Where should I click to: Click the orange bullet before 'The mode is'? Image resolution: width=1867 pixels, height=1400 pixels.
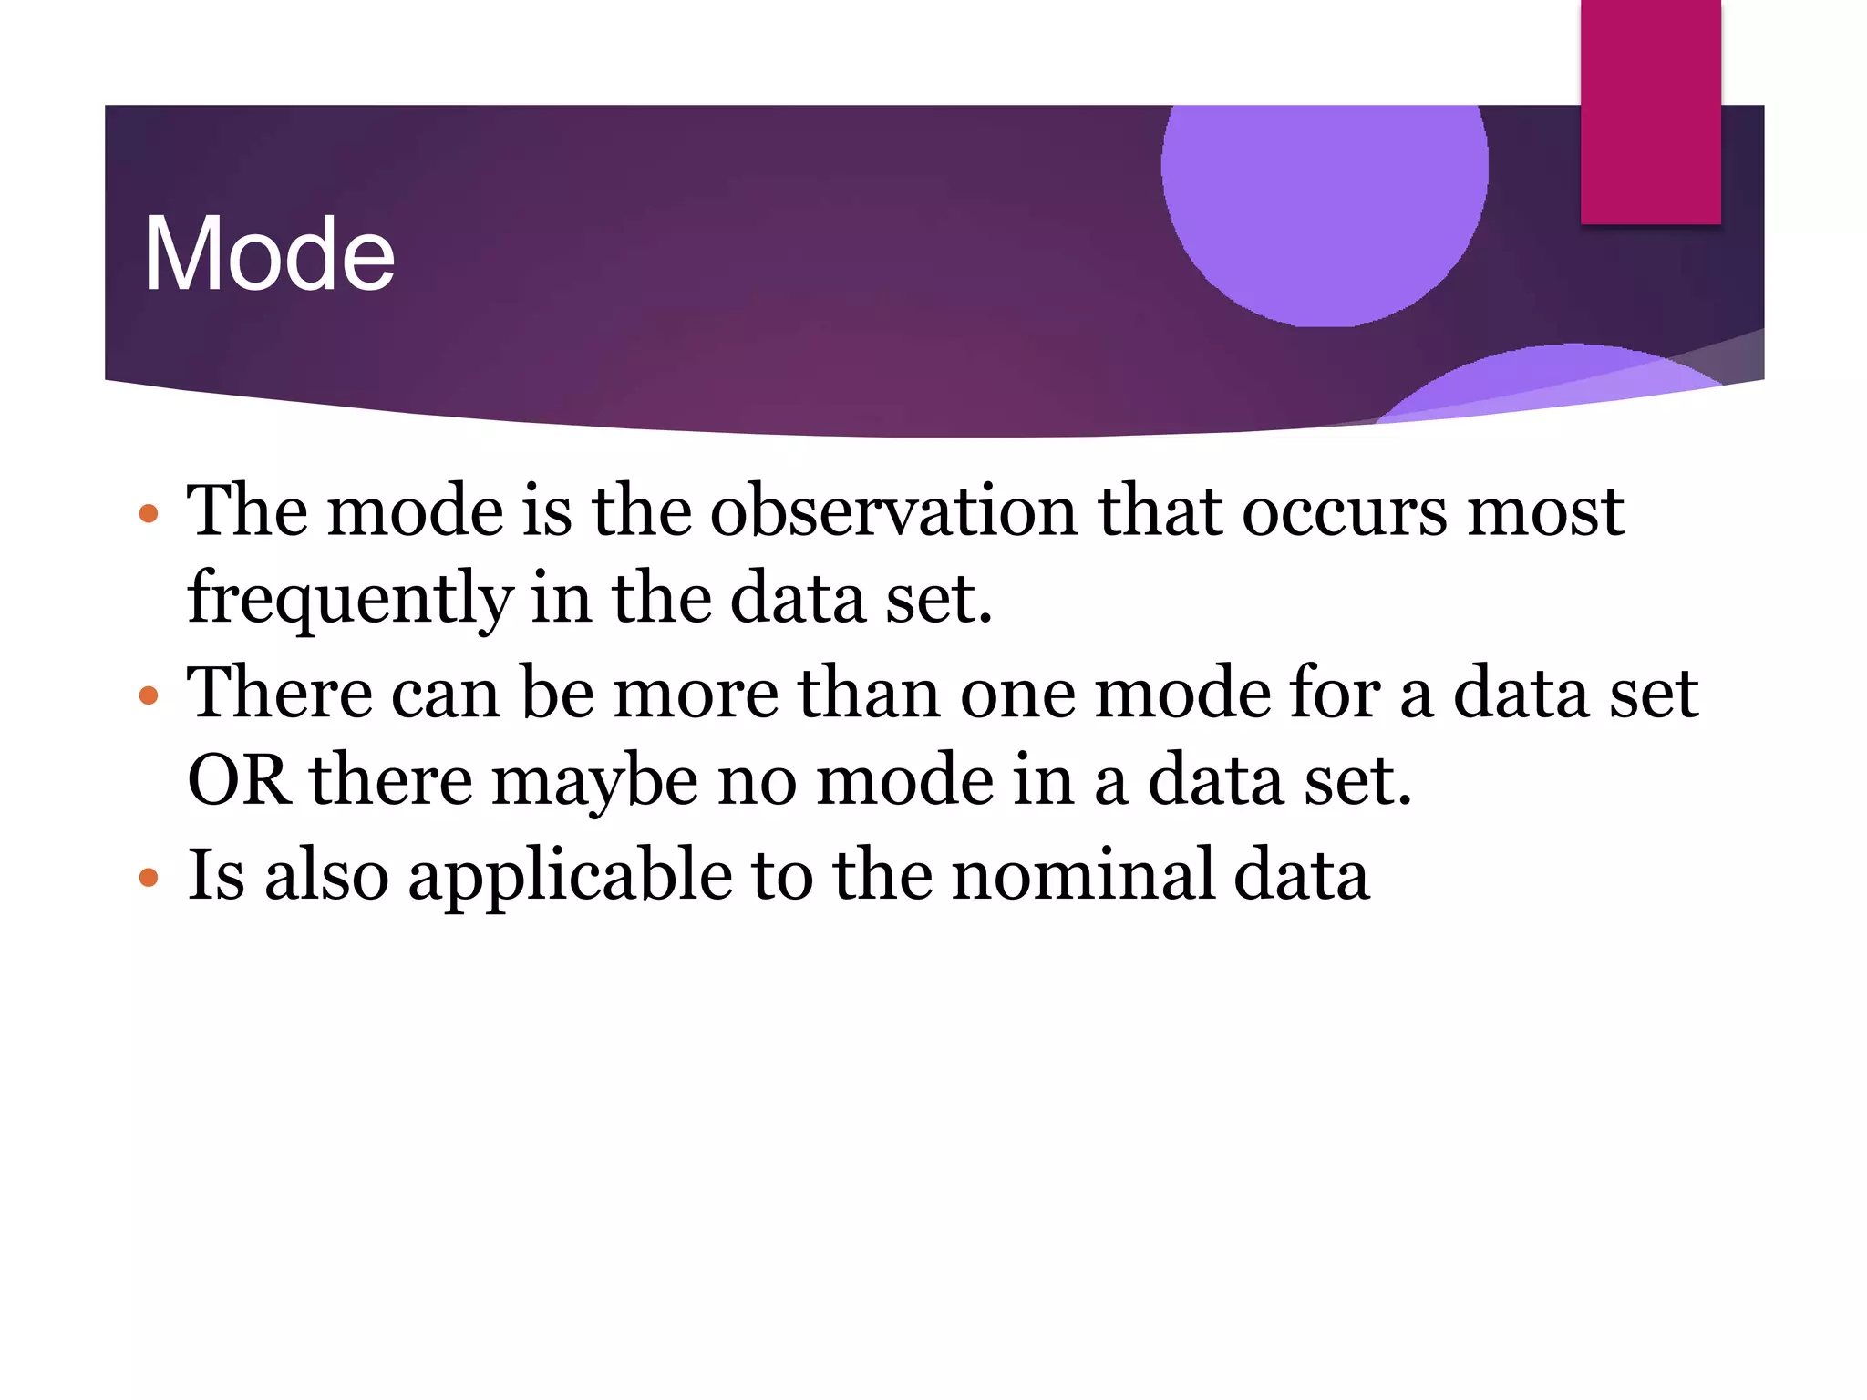149,513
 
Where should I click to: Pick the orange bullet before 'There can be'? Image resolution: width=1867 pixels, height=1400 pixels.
149,696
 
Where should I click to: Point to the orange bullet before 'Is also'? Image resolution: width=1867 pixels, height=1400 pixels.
149,878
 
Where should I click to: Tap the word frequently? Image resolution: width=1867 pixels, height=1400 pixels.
350,600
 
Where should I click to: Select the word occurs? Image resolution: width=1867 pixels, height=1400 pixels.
1344,512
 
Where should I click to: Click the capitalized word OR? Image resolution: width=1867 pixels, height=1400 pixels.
239,780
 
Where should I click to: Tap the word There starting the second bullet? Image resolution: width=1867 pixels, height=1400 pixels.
279,693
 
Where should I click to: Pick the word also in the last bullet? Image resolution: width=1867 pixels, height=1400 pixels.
326,875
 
